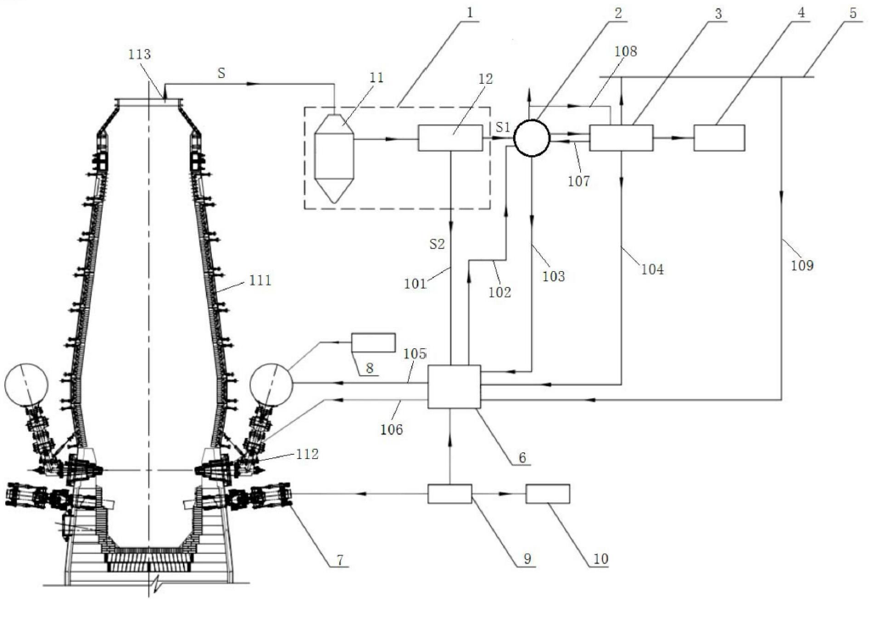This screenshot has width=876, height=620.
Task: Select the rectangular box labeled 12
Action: coord(450,138)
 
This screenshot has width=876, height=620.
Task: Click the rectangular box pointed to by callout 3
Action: coord(622,138)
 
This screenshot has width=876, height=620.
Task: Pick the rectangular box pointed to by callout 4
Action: coord(719,138)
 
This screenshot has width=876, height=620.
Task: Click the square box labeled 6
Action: coord(455,387)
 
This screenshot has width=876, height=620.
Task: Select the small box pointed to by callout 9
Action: coord(449,494)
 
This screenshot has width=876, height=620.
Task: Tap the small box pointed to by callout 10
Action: coord(548,494)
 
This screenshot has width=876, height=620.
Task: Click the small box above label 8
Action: coord(373,342)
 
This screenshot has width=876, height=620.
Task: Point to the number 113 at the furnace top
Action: coord(139,54)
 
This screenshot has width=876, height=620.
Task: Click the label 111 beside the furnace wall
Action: coord(259,280)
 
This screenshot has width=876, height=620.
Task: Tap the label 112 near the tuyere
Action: coord(307,454)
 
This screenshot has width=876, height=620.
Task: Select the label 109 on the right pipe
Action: coord(801,265)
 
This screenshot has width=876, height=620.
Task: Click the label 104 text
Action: coord(652,269)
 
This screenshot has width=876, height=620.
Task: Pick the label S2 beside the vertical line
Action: coord(437,244)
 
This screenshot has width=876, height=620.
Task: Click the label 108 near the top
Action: coord(625,52)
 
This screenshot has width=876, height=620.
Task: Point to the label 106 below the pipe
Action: coord(391,429)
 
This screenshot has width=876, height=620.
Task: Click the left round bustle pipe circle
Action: coord(26,385)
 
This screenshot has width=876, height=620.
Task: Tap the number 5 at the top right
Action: coord(852,13)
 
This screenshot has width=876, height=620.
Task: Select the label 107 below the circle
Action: coord(579,180)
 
